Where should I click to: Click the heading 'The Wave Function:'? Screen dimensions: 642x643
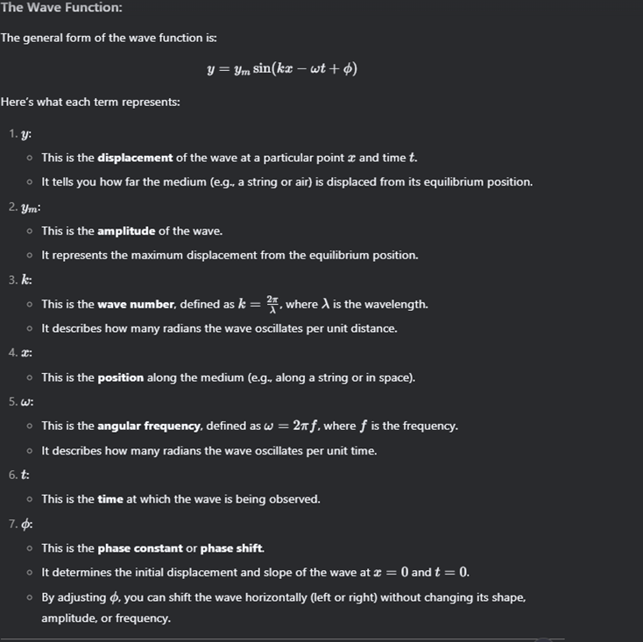(x=61, y=8)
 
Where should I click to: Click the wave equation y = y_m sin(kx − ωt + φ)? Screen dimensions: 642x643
(x=282, y=69)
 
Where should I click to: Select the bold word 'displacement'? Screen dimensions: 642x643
(x=135, y=158)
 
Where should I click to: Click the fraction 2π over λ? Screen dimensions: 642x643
(x=272, y=304)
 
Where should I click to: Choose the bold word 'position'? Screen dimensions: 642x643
(x=120, y=377)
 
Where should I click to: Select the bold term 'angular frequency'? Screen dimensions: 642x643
(x=150, y=426)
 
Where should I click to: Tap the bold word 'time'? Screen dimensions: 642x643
(x=110, y=499)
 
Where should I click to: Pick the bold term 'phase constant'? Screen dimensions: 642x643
(x=139, y=548)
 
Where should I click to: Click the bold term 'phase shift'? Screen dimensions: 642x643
(x=232, y=548)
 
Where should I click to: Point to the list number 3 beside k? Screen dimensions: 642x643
(x=12, y=280)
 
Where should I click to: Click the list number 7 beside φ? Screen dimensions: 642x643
(x=12, y=525)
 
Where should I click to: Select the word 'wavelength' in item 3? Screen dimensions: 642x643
(x=399, y=305)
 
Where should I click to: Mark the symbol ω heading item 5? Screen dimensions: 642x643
(x=27, y=402)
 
